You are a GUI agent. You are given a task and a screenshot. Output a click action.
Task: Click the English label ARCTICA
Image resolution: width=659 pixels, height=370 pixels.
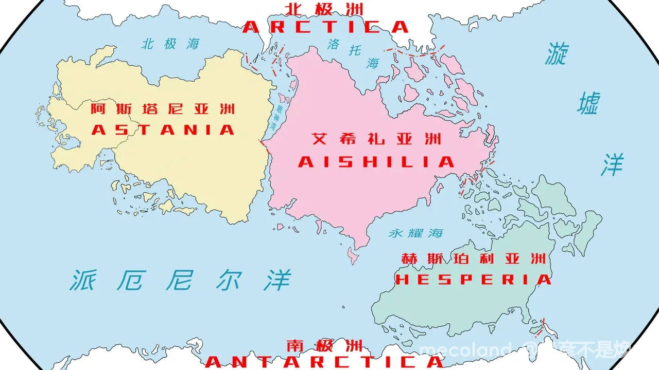click(x=325, y=27)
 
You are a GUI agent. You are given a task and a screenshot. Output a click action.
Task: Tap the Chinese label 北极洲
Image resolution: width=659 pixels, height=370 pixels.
click(x=325, y=9)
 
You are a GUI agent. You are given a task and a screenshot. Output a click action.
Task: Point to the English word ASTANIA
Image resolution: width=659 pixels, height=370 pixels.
click(x=163, y=129)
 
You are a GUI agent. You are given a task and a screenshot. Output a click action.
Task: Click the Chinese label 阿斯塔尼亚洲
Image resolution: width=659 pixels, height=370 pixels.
click(x=163, y=109)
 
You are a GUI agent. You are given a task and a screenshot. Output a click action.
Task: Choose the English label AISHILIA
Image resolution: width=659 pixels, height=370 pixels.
click(x=376, y=162)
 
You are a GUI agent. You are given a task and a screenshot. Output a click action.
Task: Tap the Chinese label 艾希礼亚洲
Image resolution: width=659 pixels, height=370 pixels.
click(x=377, y=139)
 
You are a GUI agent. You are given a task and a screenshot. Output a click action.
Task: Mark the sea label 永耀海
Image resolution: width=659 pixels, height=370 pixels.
click(x=416, y=233)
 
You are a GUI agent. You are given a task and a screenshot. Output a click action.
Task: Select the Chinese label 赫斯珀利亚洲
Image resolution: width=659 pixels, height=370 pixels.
click(x=473, y=258)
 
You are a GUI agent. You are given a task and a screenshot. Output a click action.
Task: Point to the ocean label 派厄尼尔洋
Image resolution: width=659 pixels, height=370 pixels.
click(x=180, y=280)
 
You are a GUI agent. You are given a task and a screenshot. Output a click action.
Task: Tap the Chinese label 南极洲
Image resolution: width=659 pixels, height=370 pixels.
click(x=324, y=344)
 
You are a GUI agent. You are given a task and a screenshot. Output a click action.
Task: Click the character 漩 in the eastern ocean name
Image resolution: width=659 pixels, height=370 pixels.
click(x=556, y=53)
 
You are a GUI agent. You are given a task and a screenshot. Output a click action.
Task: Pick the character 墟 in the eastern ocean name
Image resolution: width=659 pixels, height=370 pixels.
click(x=587, y=104)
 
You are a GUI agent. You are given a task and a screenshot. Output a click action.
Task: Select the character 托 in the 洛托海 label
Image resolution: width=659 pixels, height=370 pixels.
click(x=354, y=50)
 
